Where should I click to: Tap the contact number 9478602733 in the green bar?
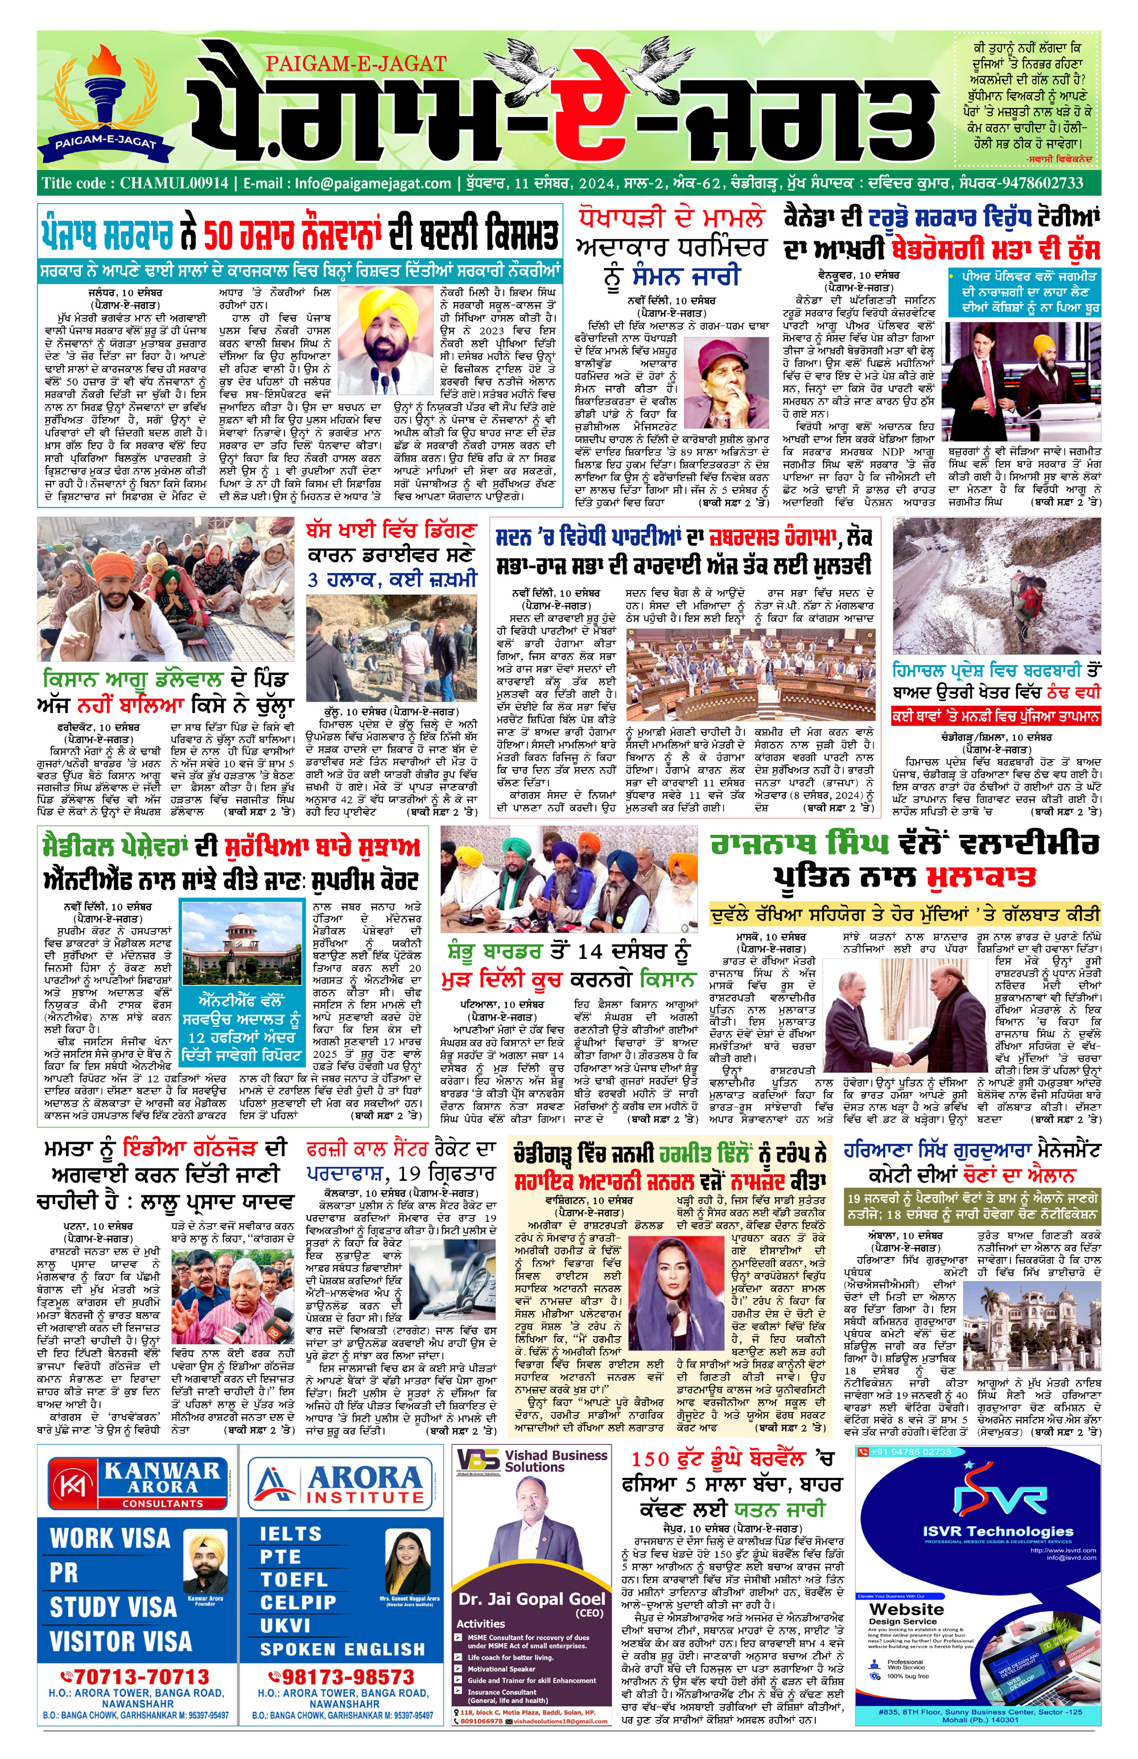click(x=1042, y=183)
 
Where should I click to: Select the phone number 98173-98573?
click(x=343, y=1677)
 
